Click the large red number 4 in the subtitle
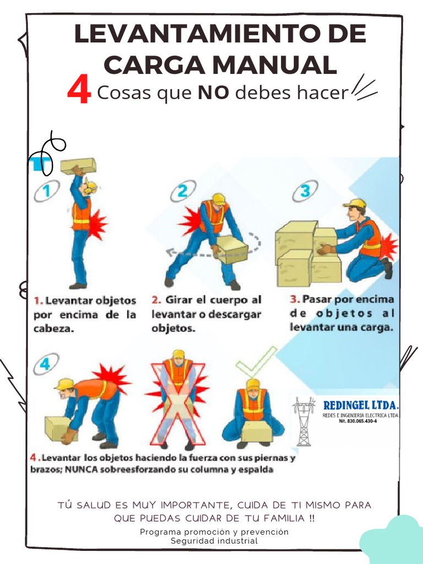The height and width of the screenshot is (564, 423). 79,91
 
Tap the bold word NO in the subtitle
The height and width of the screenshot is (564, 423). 213,93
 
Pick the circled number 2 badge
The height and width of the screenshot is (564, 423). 182,192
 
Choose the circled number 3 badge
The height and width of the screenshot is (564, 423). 305,192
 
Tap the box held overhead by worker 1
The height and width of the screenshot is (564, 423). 78,166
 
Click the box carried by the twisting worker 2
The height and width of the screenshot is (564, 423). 232,250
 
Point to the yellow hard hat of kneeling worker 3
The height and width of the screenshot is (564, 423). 355,203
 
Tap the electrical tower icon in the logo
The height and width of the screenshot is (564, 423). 303,421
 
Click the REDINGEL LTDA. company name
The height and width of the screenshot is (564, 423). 361,405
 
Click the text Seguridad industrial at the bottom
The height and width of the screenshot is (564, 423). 214,541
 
